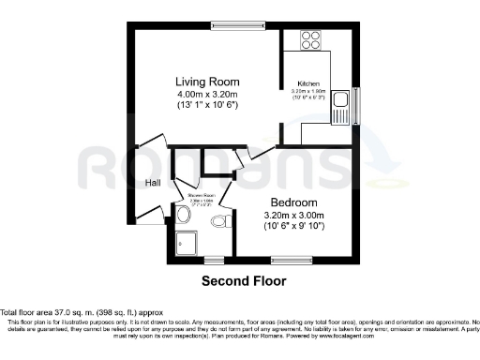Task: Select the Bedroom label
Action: (294, 202)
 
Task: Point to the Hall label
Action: (153, 184)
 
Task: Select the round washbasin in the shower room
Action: (183, 216)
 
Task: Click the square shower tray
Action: (187, 243)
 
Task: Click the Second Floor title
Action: (244, 280)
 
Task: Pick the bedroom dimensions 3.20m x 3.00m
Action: (294, 215)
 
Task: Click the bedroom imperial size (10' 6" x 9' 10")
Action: (294, 226)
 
